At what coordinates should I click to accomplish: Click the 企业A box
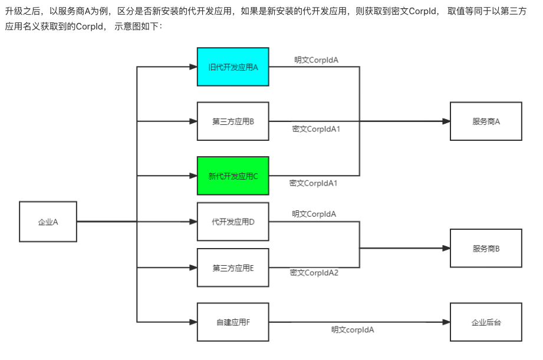[x=48, y=222]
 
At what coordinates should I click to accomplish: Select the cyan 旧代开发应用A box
[x=233, y=67]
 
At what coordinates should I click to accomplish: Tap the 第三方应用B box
[x=233, y=121]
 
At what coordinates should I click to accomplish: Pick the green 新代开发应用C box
[x=233, y=176]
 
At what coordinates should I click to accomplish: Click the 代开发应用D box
[x=233, y=222]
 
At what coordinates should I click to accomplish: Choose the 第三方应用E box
[x=233, y=267]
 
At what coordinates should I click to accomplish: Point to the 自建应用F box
[x=233, y=322]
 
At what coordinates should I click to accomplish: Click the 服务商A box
[x=486, y=121]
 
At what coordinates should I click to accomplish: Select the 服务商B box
[x=486, y=249]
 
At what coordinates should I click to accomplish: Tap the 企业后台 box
[x=486, y=322]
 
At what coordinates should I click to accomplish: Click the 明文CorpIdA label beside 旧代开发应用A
[x=316, y=60]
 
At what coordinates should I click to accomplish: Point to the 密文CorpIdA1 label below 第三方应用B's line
[x=316, y=128]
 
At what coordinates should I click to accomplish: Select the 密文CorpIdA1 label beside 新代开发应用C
[x=313, y=183]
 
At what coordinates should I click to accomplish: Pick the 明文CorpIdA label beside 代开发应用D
[x=314, y=213]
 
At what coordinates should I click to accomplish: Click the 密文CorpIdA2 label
[x=314, y=272]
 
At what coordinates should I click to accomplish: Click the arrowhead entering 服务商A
[x=446, y=121]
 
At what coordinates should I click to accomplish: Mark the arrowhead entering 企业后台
[x=446, y=322]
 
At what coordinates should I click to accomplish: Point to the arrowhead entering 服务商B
[x=446, y=249]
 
